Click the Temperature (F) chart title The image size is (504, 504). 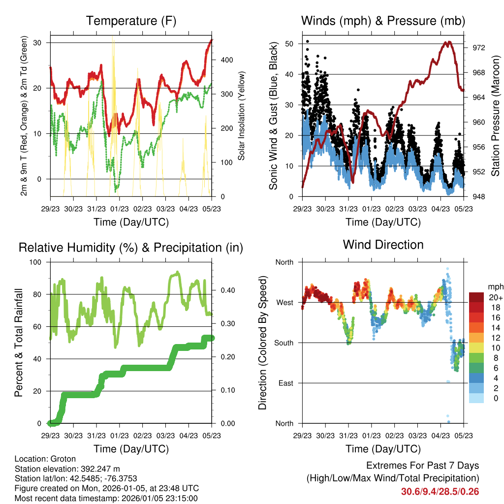tap(131, 21)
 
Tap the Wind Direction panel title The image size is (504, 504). tap(383, 245)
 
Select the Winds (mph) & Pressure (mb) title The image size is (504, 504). tap(383, 21)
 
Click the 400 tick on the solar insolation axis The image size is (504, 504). tap(226, 60)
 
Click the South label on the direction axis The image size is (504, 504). tap(283, 343)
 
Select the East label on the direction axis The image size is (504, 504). tap(285, 383)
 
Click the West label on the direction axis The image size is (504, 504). tap(284, 302)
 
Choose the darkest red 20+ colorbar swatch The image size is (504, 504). tap(476, 297)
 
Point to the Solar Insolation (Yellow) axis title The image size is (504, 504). tap(242, 116)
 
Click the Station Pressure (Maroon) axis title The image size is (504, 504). tap(496, 116)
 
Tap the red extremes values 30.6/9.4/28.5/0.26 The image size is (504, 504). tap(440, 491)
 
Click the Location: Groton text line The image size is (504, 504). tap(45, 459)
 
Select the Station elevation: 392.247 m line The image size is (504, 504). tap(67, 469)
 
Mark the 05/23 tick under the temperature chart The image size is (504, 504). tap(212, 209)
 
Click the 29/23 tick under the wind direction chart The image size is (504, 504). tap(302, 436)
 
